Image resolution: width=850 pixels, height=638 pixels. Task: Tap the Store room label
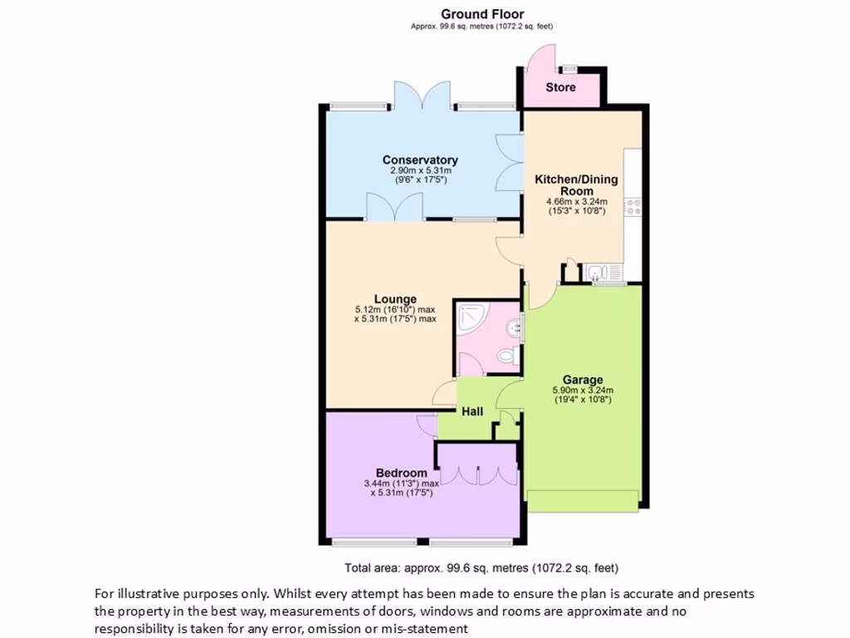560,87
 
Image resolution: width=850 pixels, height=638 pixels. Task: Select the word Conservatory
420,160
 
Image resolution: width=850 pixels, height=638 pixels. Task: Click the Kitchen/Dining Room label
575,184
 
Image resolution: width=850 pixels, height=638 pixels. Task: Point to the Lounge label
395,299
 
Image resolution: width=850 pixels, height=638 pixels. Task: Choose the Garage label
582,380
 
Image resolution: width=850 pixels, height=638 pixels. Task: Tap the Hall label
472,411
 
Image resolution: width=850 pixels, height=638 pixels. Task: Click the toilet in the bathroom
507,356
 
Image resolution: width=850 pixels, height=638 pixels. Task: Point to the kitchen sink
598,272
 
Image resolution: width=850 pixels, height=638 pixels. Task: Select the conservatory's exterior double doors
423,99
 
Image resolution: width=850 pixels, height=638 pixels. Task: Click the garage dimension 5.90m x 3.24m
582,390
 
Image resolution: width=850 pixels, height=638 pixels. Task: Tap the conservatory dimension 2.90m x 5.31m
420,171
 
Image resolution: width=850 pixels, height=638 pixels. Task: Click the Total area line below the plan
481,568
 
